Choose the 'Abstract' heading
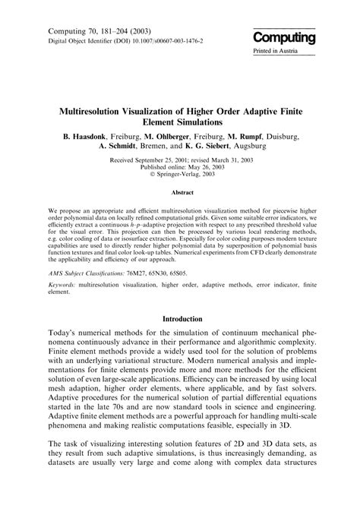point(180,193)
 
